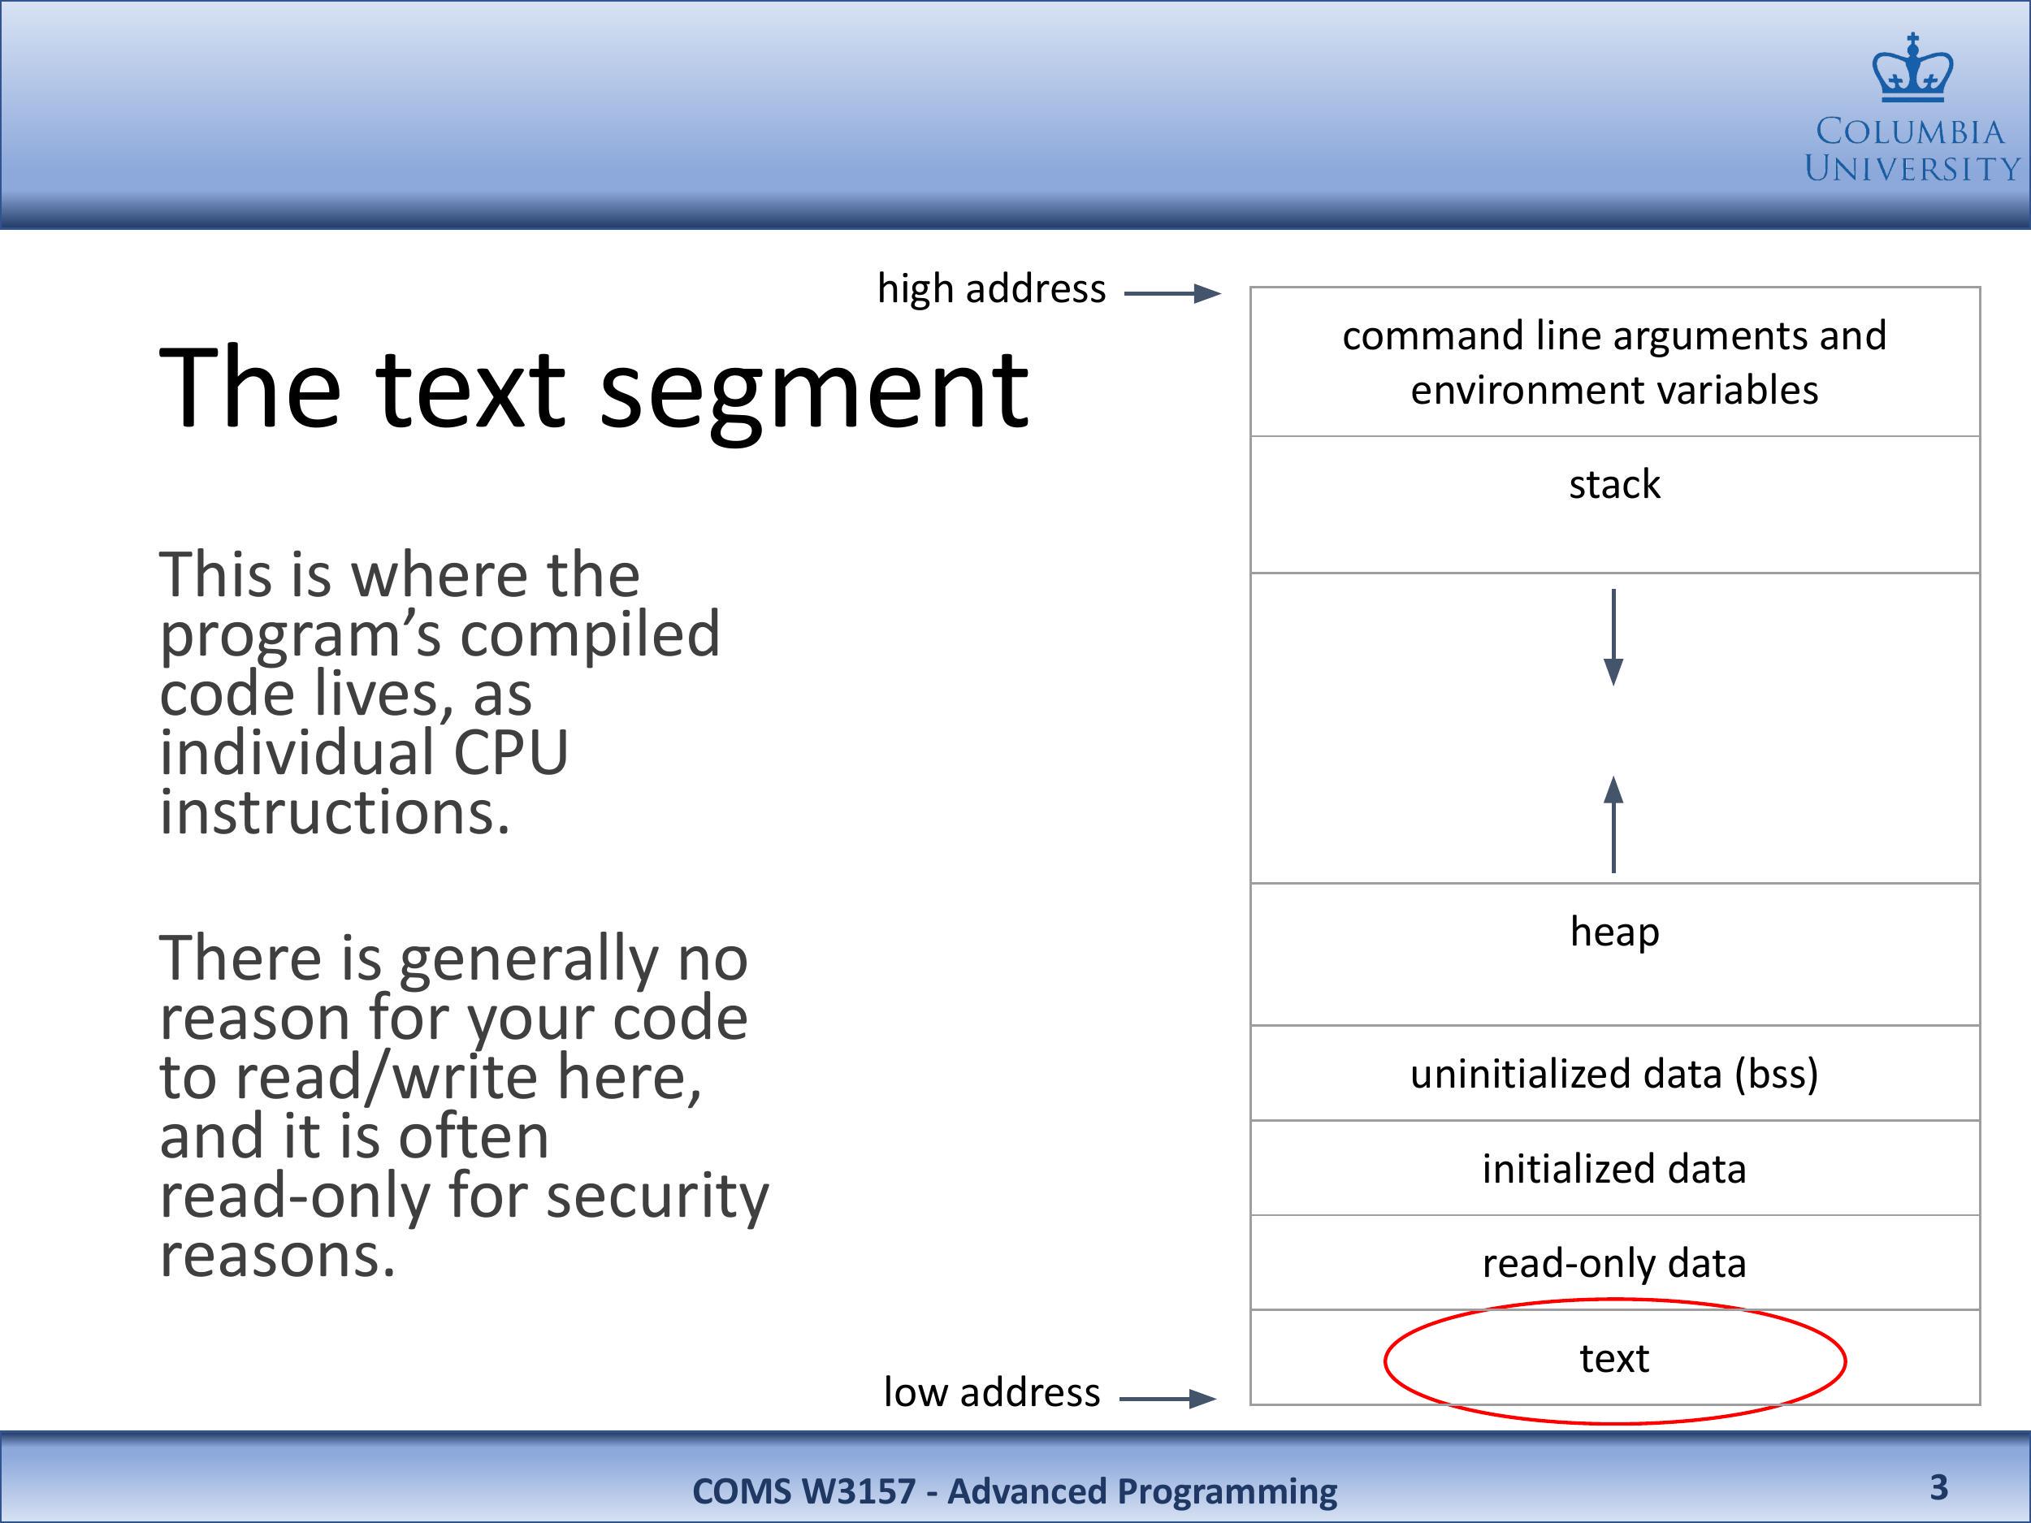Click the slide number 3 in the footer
coord(1938,1486)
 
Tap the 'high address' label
coord(992,289)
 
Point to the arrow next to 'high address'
coord(1172,294)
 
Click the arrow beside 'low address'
coord(1168,1398)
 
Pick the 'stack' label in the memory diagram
coord(1614,484)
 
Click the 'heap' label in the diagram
coord(1614,932)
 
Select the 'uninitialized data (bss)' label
coord(1614,1074)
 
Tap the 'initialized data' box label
coord(1614,1169)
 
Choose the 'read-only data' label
coord(1614,1263)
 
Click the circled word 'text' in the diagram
coord(1614,1359)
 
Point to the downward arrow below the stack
coord(1613,637)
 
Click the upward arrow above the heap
coord(1613,824)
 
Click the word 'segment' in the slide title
coord(814,390)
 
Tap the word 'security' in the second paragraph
coord(657,1198)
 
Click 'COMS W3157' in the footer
coord(803,1491)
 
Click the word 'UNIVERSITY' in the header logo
coord(1912,169)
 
